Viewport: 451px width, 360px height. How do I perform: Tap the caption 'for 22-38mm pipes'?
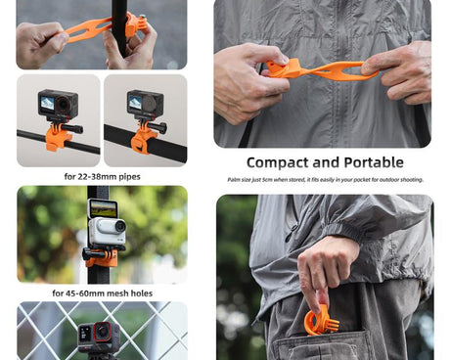point(102,177)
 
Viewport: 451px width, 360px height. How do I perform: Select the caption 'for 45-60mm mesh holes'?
point(102,293)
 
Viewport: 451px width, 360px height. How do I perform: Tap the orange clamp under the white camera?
point(102,258)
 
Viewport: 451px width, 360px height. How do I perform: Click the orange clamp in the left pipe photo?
point(59,137)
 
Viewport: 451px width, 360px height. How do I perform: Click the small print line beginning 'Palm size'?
point(325,180)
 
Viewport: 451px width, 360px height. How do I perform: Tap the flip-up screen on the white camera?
point(102,208)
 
